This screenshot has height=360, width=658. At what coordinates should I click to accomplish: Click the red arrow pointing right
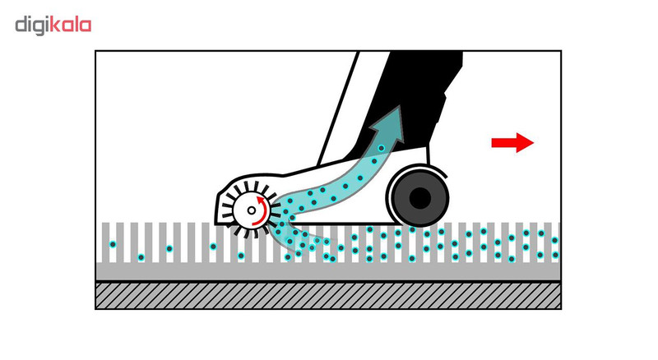click(x=512, y=143)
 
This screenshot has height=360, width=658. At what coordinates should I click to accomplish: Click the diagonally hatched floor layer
click(x=328, y=295)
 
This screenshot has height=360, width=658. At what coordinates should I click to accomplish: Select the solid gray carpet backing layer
click(x=328, y=272)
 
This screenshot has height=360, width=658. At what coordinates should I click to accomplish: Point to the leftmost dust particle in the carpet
click(x=113, y=244)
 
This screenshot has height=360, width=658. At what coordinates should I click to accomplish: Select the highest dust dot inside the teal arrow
click(x=381, y=149)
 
